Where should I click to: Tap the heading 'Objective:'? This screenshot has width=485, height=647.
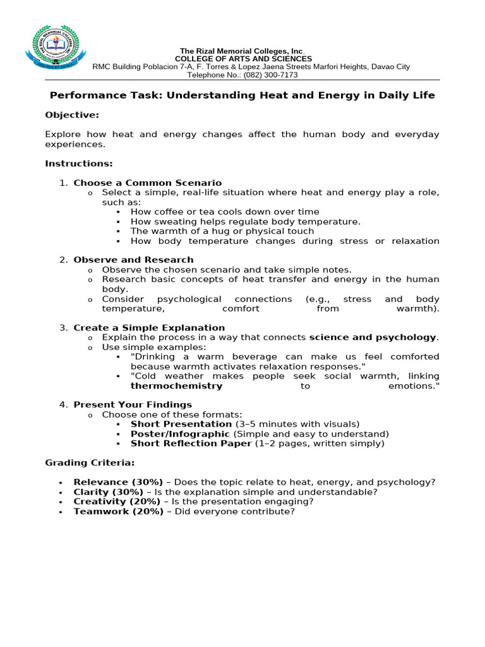click(x=72, y=115)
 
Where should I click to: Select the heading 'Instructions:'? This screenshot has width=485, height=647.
click(x=78, y=164)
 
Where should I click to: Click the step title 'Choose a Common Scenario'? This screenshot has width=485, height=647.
click(x=148, y=183)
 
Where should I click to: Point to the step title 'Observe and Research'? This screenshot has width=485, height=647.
click(x=133, y=260)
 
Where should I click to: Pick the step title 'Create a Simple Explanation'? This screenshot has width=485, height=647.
click(x=149, y=328)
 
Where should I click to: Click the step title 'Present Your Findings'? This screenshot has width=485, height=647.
click(x=133, y=404)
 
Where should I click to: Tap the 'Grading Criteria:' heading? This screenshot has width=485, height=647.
click(x=89, y=463)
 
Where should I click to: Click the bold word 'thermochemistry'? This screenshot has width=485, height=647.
click(x=176, y=385)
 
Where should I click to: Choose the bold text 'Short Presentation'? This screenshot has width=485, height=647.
click(x=181, y=424)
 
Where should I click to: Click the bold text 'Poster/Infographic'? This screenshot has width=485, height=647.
click(x=180, y=434)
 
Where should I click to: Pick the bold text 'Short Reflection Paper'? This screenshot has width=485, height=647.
click(x=191, y=444)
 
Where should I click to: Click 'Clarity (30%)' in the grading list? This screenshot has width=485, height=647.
click(x=109, y=492)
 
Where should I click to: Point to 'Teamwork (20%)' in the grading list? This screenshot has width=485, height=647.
click(x=118, y=512)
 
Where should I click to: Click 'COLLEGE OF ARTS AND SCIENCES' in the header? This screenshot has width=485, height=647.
click(x=243, y=59)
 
